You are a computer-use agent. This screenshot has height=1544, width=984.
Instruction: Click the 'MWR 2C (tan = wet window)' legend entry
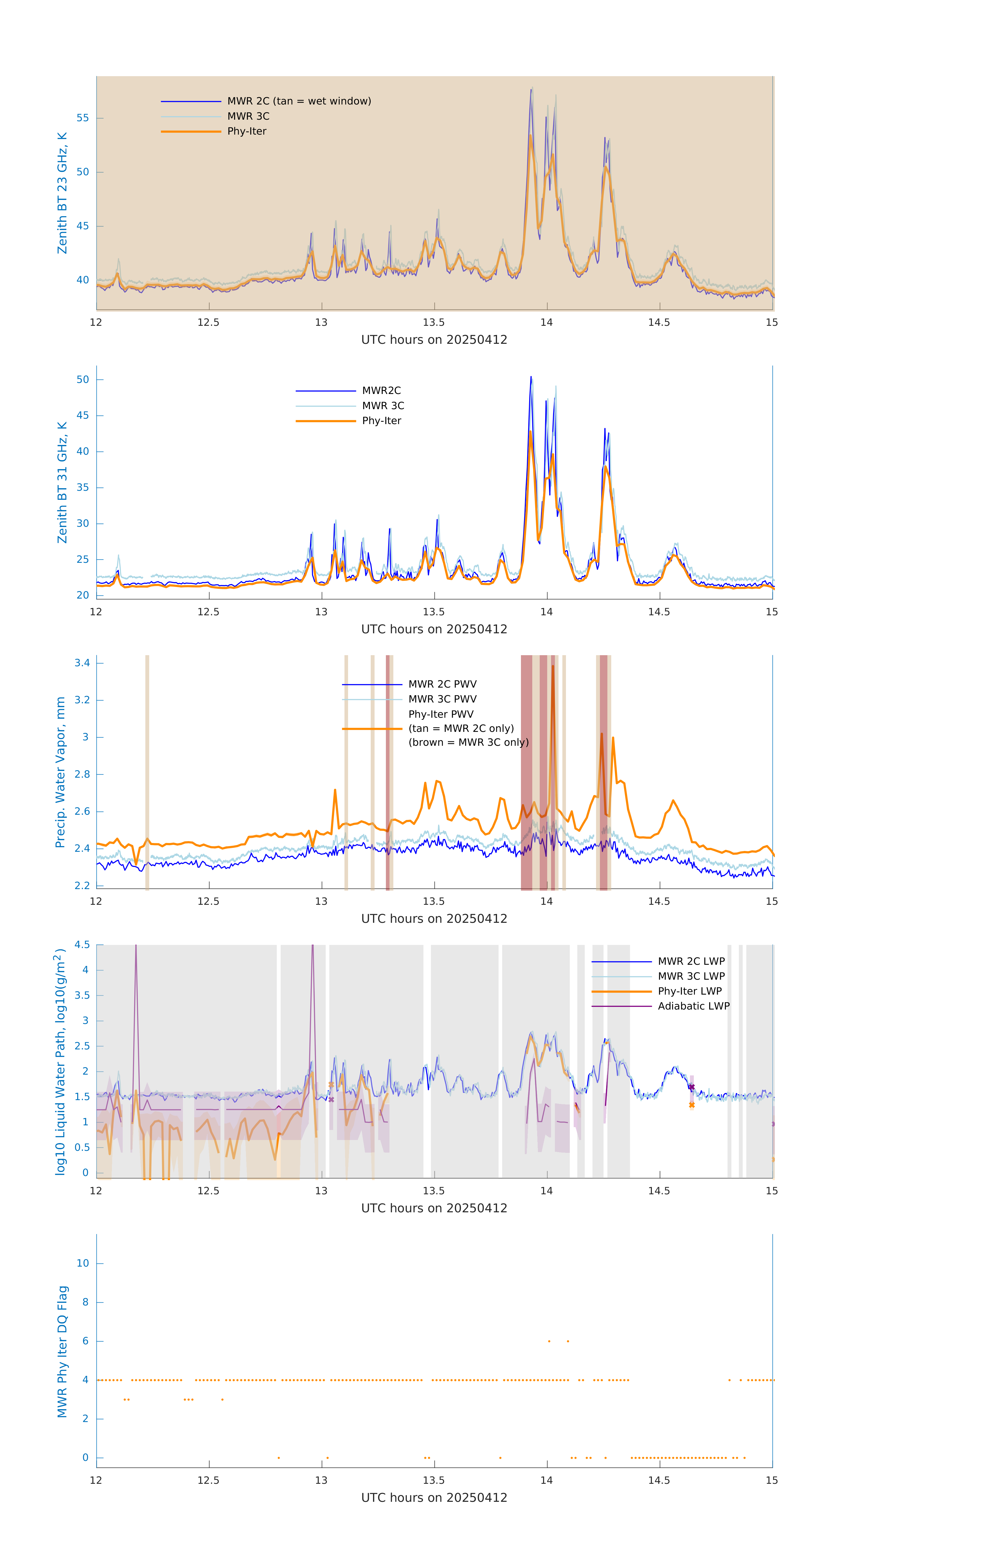tap(299, 101)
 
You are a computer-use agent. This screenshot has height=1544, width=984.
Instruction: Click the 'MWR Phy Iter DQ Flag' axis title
tap(62, 1352)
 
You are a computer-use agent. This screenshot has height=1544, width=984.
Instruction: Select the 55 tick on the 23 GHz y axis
tap(83, 118)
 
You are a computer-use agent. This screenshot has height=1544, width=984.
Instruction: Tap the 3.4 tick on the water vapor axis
tap(82, 663)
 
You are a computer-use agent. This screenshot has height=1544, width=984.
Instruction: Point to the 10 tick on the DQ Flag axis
tap(83, 1263)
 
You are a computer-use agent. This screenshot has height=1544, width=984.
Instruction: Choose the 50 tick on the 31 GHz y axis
tap(83, 380)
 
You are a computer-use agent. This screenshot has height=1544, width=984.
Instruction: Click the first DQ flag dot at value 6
tap(549, 1341)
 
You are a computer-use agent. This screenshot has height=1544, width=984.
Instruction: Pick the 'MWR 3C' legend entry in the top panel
tap(248, 116)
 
